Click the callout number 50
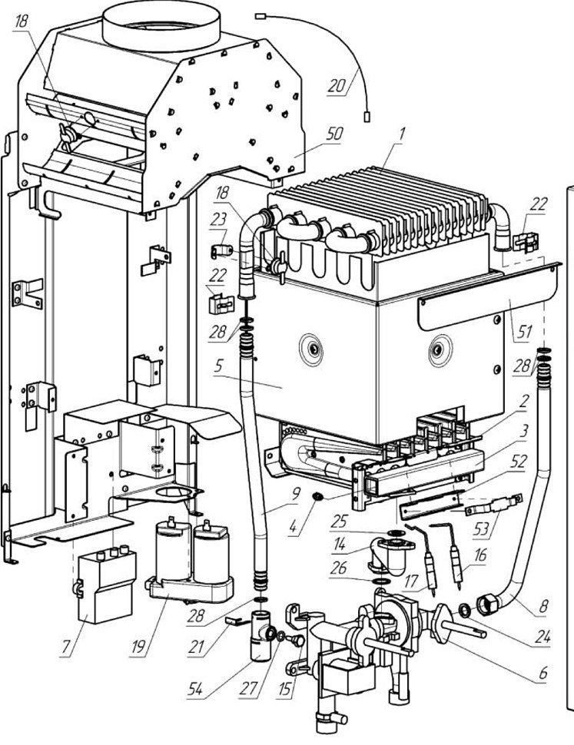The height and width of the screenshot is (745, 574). point(333,134)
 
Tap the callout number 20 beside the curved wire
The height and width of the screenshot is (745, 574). point(337,86)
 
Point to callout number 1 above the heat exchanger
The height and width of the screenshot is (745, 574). point(401,134)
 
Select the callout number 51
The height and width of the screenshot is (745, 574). point(524,331)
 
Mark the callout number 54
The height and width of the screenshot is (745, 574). point(195,688)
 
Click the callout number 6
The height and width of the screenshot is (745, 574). point(543,672)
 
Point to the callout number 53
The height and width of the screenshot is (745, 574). point(481,528)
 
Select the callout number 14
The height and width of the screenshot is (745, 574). point(339,544)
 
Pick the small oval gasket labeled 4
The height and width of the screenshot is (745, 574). point(317,497)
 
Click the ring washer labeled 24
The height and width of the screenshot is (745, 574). point(464,610)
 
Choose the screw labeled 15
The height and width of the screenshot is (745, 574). point(298,641)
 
